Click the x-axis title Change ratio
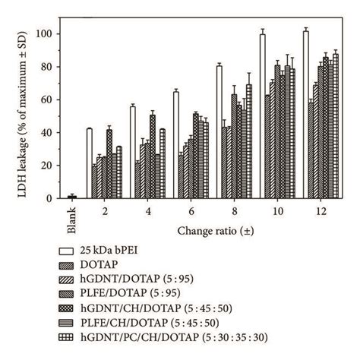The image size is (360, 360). click(x=207, y=229)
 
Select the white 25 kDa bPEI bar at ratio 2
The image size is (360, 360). click(x=89, y=163)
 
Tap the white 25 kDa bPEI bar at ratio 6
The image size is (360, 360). click(x=175, y=145)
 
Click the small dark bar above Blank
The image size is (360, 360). click(x=72, y=197)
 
